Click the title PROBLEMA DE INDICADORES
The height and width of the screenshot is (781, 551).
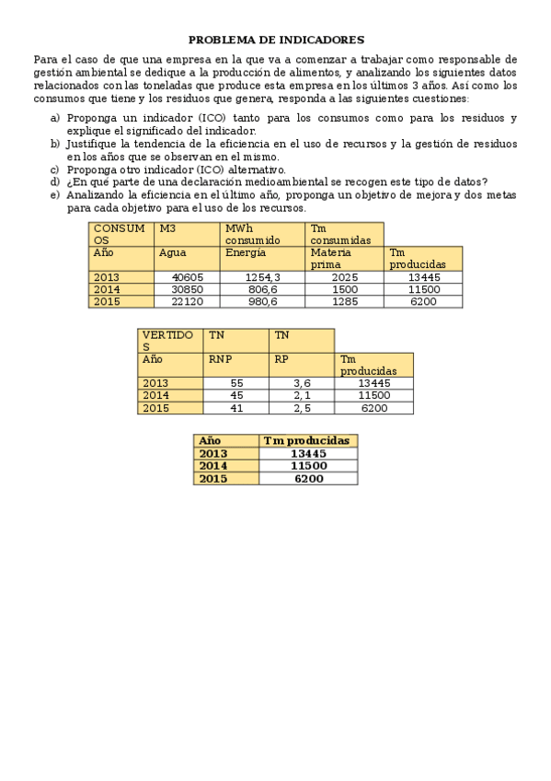(276, 40)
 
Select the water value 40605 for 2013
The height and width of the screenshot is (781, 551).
(188, 277)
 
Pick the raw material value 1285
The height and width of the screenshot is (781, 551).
(344, 301)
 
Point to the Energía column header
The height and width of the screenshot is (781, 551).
(246, 252)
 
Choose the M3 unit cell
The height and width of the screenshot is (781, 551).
(167, 228)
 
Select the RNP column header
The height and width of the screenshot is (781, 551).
(220, 359)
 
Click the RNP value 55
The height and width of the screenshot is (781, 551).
(236, 383)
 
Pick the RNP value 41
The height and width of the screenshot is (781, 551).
(236, 408)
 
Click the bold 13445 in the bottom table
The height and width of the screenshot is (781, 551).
(308, 453)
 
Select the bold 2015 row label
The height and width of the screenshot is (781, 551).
(212, 478)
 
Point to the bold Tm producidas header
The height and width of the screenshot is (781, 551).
(306, 441)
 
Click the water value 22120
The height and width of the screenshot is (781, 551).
(188, 301)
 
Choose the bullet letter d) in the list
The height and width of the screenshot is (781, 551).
(55, 181)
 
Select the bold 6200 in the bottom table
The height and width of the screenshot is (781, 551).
(308, 478)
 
